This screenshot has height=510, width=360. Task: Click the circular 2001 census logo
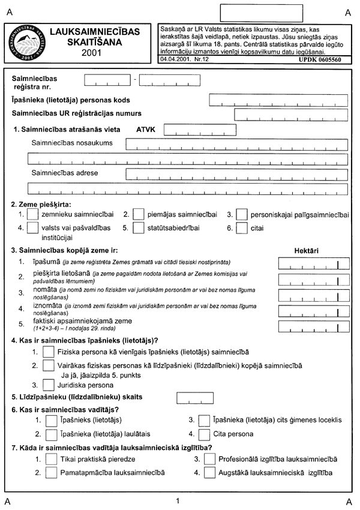pos(25,44)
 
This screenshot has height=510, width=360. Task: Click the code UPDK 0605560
pos(324,61)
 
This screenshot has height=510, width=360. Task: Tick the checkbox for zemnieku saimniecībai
pos(34,214)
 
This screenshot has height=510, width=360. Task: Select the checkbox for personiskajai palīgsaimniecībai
pos(242,214)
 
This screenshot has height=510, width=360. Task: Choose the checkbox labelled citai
pos(242,229)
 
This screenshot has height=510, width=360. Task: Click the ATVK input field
pos(187,129)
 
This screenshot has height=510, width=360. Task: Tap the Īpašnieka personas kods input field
pos(277,100)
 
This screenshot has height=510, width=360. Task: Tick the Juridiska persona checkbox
pos(47,385)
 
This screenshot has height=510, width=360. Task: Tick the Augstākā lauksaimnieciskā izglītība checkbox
pos(209,473)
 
